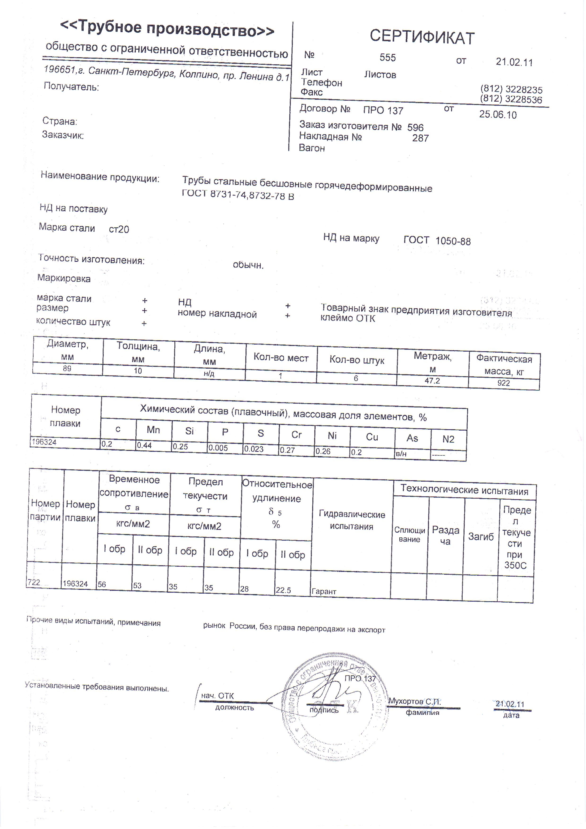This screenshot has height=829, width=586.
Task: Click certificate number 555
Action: [x=388, y=58]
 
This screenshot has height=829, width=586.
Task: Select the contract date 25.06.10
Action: [x=498, y=115]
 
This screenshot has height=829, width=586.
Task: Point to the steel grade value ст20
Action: [x=119, y=229]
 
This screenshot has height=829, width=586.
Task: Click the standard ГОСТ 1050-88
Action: [x=437, y=241]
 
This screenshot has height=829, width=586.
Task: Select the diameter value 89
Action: [x=67, y=369]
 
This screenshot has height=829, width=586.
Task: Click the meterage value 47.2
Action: [x=432, y=380]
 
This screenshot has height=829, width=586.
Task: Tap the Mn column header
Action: [x=153, y=430]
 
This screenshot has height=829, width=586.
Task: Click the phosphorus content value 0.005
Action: [x=218, y=448]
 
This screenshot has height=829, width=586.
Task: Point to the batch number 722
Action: [x=34, y=582]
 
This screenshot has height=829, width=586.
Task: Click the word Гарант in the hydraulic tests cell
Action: [x=324, y=592]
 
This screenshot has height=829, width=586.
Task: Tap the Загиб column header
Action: [x=481, y=537]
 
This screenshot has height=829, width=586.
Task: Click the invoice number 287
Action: [x=420, y=138]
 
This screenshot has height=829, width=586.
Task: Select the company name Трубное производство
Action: [x=167, y=29]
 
